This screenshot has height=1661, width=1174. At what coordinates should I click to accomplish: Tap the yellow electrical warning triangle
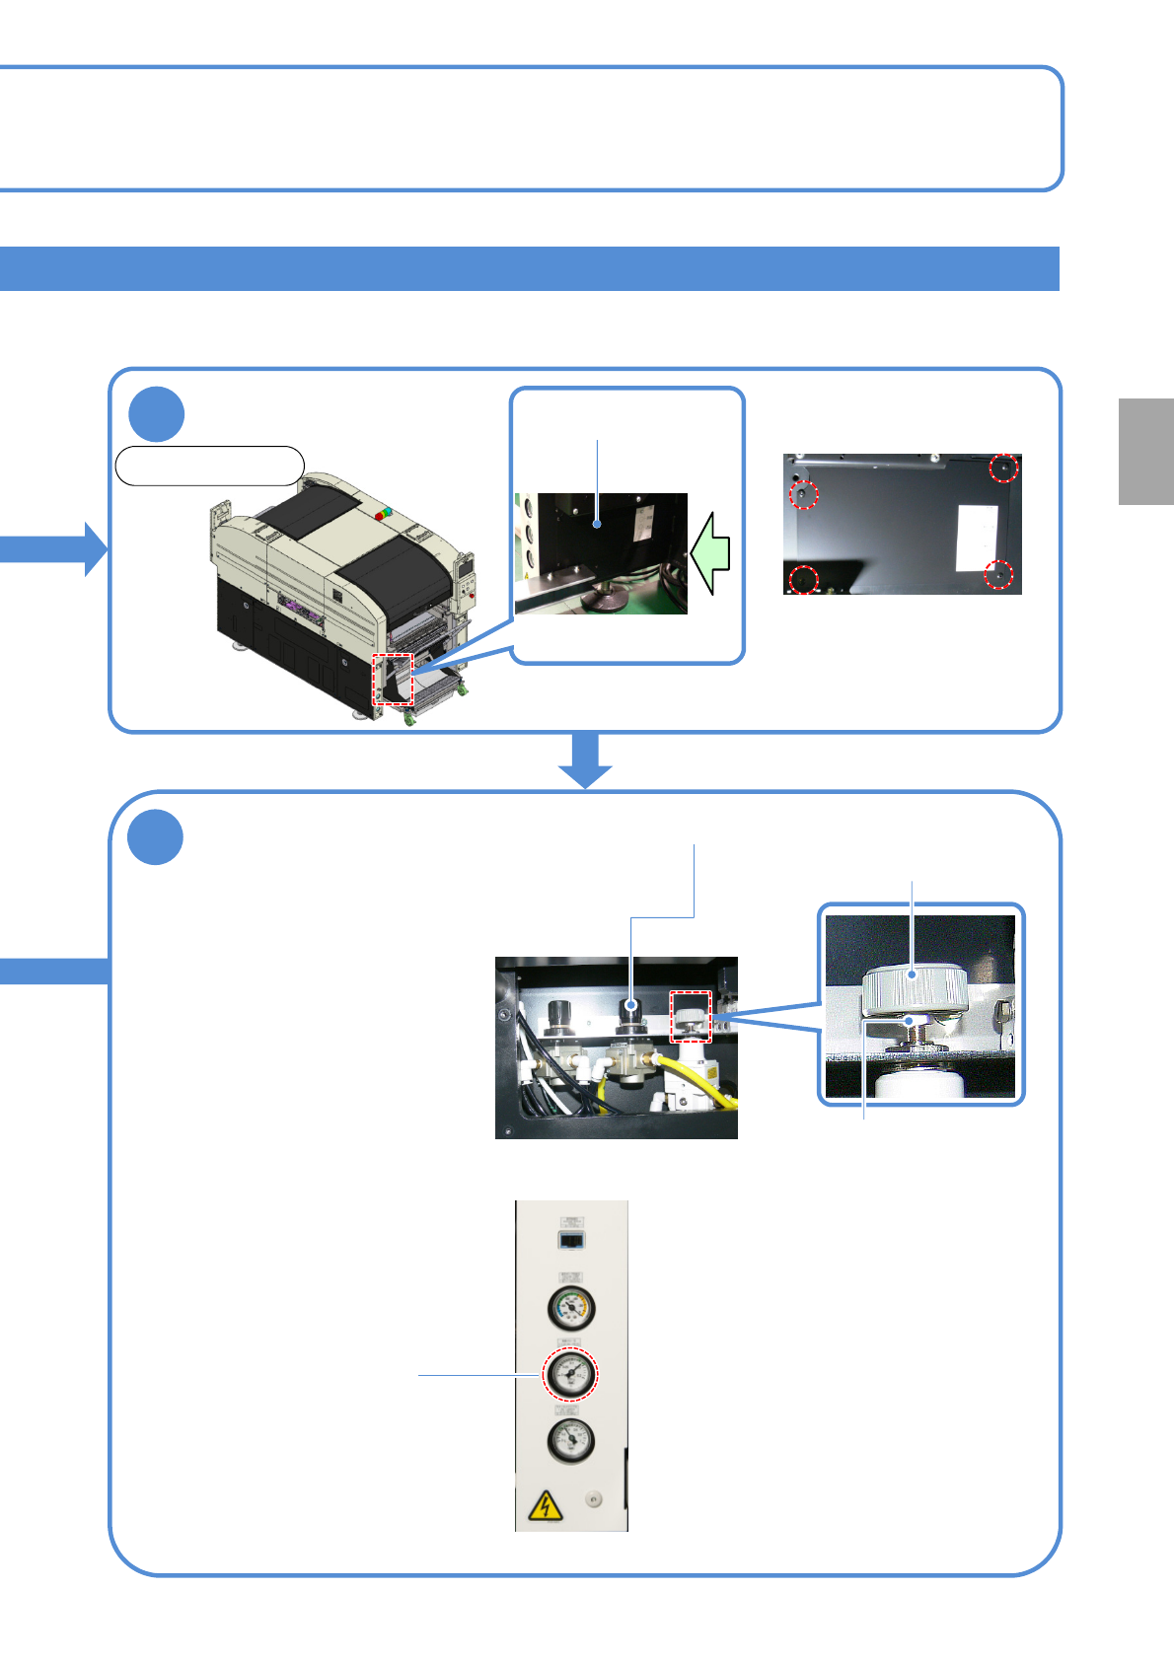545,1506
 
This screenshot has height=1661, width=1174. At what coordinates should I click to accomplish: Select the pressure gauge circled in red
570,1373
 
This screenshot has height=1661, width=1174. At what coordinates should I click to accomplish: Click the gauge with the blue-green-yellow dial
571,1308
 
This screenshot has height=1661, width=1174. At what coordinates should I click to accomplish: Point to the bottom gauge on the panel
570,1440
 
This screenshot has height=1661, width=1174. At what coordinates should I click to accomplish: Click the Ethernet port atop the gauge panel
571,1239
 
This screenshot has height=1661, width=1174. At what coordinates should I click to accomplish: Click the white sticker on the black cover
976,539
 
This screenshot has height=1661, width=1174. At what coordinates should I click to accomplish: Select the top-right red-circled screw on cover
1003,468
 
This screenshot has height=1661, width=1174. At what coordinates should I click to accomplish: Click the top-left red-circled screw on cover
804,493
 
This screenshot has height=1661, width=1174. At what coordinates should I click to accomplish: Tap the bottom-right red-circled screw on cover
999,574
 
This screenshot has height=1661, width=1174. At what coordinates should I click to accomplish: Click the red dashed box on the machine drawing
393,679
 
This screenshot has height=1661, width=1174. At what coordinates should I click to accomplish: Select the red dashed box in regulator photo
691,1017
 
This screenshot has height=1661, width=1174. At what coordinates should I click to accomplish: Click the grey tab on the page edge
1145,452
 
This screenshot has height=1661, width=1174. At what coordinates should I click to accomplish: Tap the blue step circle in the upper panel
156,414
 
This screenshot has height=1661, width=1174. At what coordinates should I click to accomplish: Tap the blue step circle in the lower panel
156,837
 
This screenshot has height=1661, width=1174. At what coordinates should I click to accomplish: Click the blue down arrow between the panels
586,760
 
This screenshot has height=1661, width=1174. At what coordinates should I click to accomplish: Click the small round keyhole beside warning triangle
593,1499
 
